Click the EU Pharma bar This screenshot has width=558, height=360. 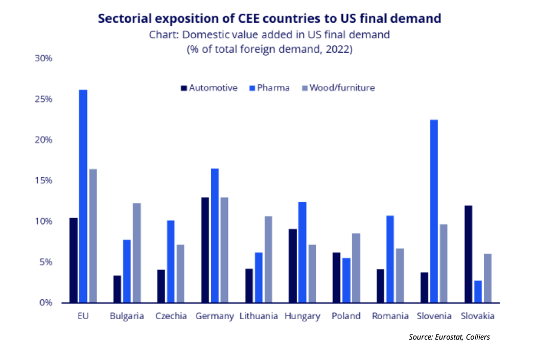click(x=83, y=196)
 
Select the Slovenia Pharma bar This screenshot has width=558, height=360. click(x=434, y=211)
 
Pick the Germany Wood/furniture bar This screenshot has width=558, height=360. click(x=224, y=250)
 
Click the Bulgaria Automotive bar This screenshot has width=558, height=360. click(x=117, y=289)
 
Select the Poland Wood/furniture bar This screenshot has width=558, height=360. click(x=355, y=268)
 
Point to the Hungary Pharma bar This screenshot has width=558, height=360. click(x=303, y=252)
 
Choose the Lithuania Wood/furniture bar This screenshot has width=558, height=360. click(x=268, y=259)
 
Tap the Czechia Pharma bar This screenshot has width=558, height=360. click(x=171, y=261)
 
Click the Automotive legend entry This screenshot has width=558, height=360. click(x=210, y=88)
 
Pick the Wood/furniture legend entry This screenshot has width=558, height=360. click(x=340, y=88)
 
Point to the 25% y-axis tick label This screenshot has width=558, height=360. click(x=43, y=99)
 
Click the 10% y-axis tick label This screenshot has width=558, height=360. click(x=43, y=221)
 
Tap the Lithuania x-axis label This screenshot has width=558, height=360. click(x=259, y=316)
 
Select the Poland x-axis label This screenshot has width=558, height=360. click(x=346, y=316)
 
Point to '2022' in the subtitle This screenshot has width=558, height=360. click(x=337, y=50)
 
